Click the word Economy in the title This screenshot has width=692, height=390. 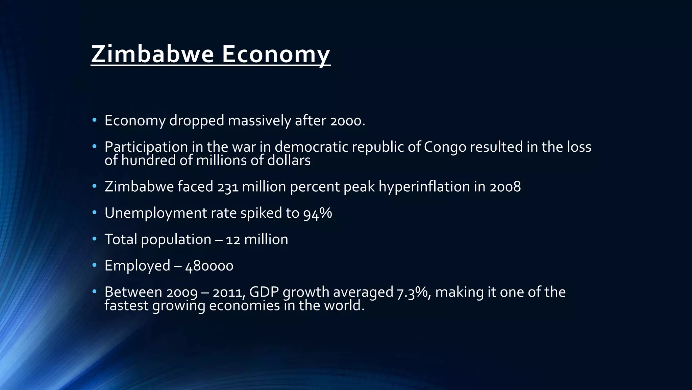click(x=276, y=54)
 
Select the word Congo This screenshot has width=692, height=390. click(x=445, y=147)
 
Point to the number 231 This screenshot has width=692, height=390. click(x=228, y=187)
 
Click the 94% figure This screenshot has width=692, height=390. click(x=317, y=213)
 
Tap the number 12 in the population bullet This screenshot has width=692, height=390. click(x=233, y=240)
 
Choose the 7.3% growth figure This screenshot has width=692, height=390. click(x=414, y=292)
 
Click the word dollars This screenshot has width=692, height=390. click(x=289, y=160)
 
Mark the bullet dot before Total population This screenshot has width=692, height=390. click(x=94, y=239)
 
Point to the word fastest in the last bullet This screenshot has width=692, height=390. click(x=126, y=306)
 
